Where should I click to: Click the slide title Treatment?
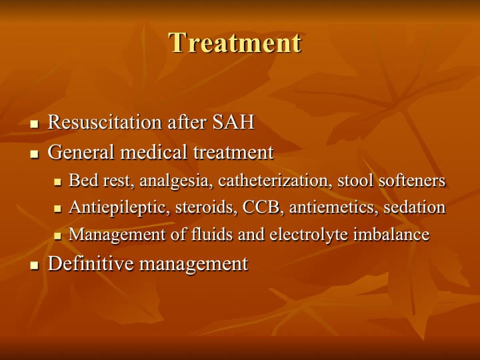coord(235,43)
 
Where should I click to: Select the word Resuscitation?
coord(105,122)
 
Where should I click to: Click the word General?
coord(81,152)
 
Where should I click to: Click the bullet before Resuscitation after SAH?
coord(34,124)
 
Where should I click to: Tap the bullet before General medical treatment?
coord(34,154)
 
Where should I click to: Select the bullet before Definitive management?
coord(34,265)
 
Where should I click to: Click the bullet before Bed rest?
coord(57,182)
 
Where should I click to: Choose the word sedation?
coord(415,207)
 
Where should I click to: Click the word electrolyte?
coord(309,234)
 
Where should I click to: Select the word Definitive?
coord(91,263)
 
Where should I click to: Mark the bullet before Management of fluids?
coord(57,236)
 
